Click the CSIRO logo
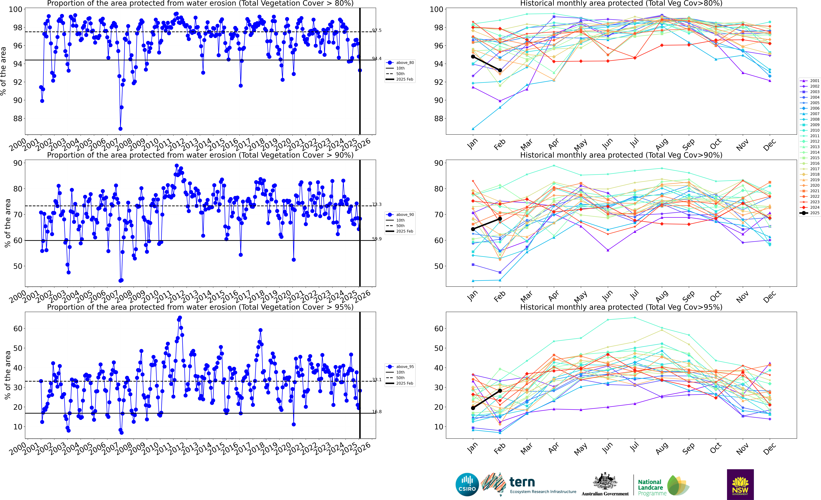coord(467,484)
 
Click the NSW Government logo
coord(740,484)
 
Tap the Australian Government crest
coord(605,482)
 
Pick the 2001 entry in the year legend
coord(810,81)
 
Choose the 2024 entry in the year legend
coord(810,207)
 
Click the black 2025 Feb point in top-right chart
coord(500,70)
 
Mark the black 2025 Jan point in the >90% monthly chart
coord(473,229)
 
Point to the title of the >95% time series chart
coord(200,307)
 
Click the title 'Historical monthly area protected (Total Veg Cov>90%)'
coord(621,155)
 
